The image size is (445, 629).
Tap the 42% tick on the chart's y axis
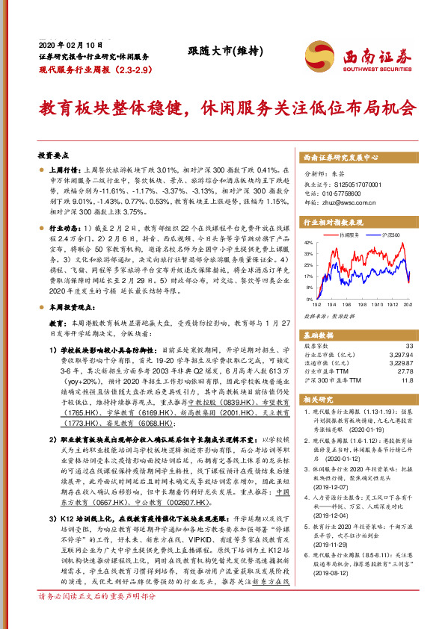(308, 244)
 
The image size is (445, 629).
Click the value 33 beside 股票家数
(408, 345)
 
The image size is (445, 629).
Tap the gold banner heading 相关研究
(319, 400)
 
